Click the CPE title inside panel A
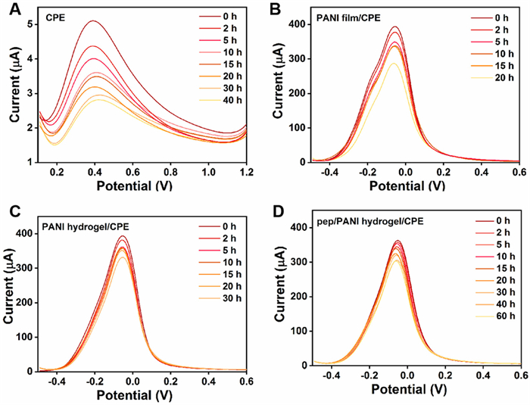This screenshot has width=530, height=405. [x=55, y=14]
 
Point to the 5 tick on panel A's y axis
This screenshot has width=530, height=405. [x=30, y=23]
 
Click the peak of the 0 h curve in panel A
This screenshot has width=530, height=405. [x=92, y=21]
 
